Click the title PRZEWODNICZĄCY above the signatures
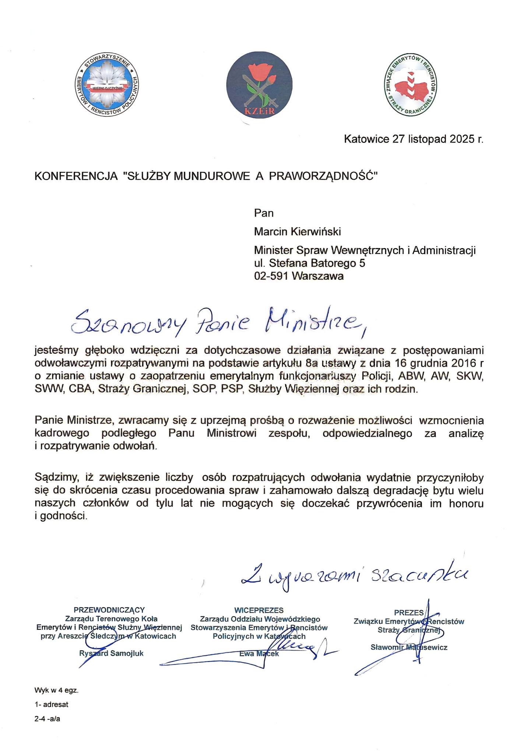click(109, 610)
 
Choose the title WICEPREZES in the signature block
click(259, 610)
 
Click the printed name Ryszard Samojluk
click(111, 653)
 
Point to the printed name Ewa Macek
click(259, 654)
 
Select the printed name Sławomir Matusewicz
click(409, 647)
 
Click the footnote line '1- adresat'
click(51, 705)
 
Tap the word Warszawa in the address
click(317, 276)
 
